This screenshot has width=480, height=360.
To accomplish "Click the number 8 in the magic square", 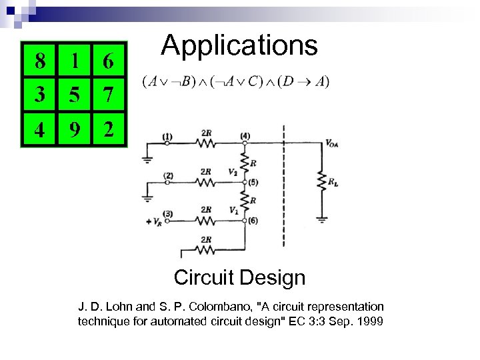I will (41, 61).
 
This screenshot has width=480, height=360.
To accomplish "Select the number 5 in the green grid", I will (75, 95).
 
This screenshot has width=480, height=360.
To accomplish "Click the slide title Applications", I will (239, 45).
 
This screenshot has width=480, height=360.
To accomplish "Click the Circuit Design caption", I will (239, 277).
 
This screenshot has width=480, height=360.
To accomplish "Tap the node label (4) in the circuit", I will (245, 136).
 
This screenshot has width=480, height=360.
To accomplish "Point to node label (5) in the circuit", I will (251, 181).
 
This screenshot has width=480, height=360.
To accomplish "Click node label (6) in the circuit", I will (251, 220).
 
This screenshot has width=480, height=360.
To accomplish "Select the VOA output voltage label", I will (331, 143).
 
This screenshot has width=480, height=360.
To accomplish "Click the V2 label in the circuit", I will (232, 172).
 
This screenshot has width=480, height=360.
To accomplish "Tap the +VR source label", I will (153, 221).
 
